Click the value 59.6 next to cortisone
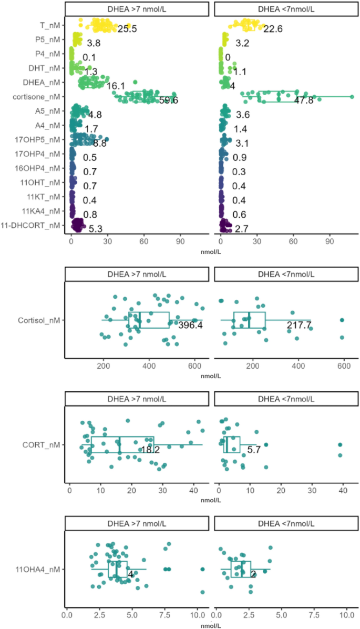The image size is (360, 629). click(x=168, y=100)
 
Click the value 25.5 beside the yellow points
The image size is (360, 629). click(x=127, y=28)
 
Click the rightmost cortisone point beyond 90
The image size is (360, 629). click(x=352, y=96)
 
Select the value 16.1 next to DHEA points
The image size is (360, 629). click(x=115, y=86)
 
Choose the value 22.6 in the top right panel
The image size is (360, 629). click(x=273, y=28)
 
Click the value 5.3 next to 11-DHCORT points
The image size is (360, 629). click(x=96, y=229)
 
